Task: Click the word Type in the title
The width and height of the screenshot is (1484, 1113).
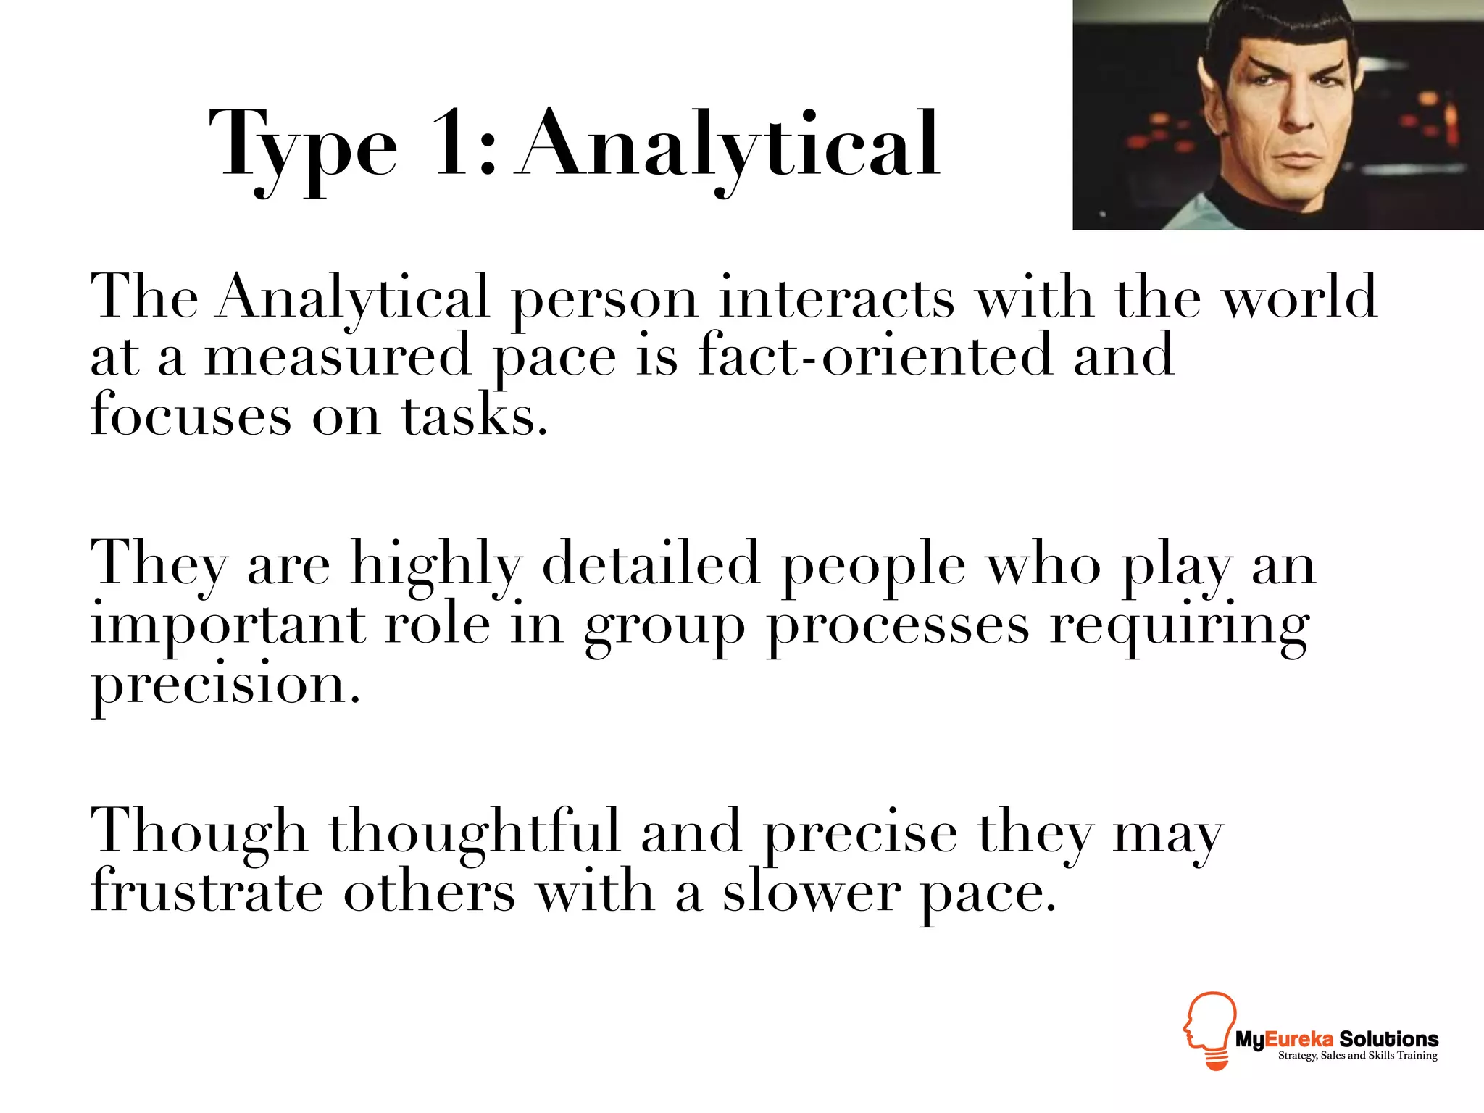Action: pos(303,145)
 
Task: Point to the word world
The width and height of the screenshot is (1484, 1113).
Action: pos(1300,297)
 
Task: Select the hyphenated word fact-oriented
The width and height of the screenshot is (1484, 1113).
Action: pos(875,355)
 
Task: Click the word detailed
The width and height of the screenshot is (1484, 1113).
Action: pos(651,564)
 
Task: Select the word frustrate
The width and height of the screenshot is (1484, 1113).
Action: pos(207,892)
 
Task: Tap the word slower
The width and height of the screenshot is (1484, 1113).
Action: pos(812,892)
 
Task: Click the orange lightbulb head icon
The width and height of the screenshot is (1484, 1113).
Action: pos(1209,1029)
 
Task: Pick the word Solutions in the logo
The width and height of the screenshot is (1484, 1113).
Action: pos(1388,1039)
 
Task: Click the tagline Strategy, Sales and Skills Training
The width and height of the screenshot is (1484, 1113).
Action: pos(1357,1056)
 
